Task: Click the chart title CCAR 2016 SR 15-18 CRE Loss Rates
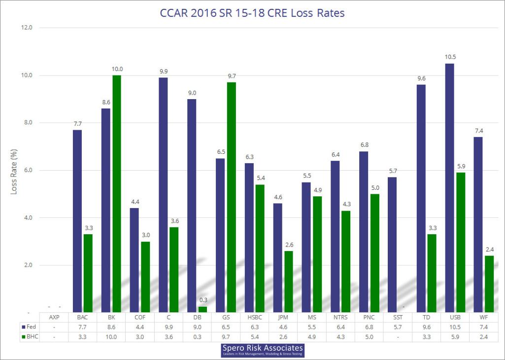pos(252,13)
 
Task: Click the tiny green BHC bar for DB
pos(202,309)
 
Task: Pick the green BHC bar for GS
pos(231,197)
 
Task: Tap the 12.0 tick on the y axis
pos(25,28)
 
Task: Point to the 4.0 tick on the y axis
pos(25,218)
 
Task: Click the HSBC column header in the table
pos(255,317)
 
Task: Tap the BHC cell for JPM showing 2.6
pos(283,337)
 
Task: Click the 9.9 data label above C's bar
pos(163,71)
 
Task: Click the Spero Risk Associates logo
pos(263,351)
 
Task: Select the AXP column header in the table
pos(55,317)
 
